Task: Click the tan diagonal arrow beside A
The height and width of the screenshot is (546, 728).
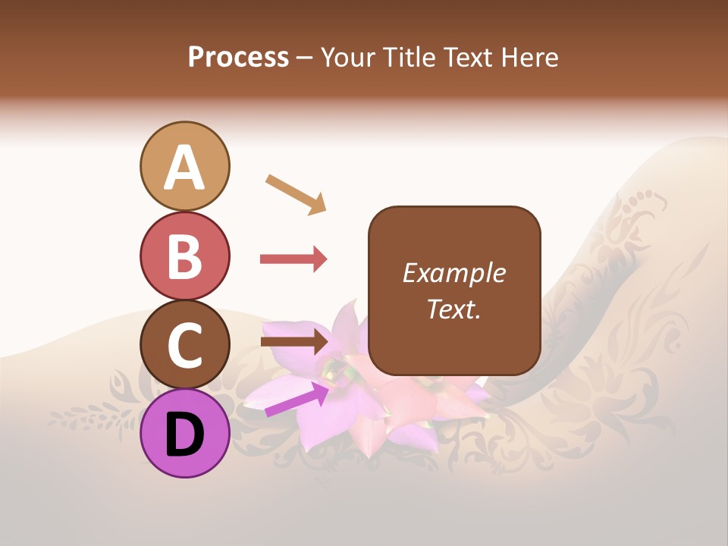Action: click(x=296, y=194)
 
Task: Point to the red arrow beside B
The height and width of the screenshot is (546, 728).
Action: click(x=293, y=259)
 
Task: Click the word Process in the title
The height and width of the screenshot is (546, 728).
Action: click(x=238, y=58)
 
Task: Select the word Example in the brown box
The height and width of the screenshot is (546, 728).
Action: click(x=453, y=273)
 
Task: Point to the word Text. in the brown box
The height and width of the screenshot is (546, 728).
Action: click(x=453, y=309)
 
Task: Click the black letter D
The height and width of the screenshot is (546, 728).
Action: click(x=184, y=435)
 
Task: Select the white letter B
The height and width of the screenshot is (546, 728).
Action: click(x=184, y=256)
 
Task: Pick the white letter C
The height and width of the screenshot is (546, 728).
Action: click(x=184, y=345)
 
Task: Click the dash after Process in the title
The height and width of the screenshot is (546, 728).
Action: click(x=305, y=58)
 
